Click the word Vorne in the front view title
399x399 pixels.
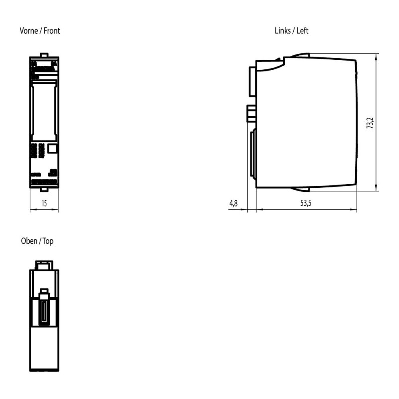[29, 31]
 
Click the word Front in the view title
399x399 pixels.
[52, 31]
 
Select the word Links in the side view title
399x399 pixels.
[282, 31]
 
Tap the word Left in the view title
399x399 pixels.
[303, 31]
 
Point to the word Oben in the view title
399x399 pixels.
[29, 241]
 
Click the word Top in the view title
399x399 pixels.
[48, 241]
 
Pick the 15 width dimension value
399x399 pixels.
[44, 203]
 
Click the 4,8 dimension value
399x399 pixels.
[233, 203]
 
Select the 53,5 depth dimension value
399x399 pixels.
[306, 203]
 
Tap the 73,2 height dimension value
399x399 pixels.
[370, 123]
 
